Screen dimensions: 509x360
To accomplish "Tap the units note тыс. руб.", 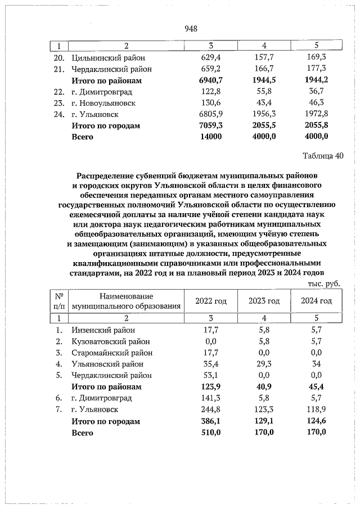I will (324, 283).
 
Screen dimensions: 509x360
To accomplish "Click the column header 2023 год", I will (264, 301).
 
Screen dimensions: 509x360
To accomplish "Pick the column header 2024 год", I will (316, 301).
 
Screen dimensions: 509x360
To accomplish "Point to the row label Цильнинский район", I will (108, 57).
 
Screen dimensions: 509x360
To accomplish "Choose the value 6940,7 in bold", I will (211, 80).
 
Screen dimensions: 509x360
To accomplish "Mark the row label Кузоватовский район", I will (110, 341).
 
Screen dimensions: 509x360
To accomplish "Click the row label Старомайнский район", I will (112, 353).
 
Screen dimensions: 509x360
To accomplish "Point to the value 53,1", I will (211, 375).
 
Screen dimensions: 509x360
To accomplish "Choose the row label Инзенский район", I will (103, 330).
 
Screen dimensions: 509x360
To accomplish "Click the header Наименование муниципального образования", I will (126, 301).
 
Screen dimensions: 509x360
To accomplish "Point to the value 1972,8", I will (316, 114).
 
